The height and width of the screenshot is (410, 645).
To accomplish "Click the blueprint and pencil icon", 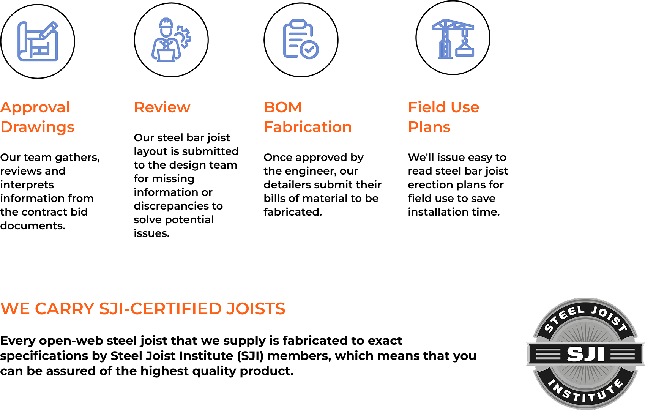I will coord(38,41).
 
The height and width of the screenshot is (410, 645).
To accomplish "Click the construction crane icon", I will coord(453,39).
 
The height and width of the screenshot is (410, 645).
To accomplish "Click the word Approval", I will coord(35,108).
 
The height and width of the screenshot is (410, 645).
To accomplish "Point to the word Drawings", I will coord(38,128).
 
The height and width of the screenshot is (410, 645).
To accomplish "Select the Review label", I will coord(162,107).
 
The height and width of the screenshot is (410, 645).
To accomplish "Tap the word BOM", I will coord(283,107).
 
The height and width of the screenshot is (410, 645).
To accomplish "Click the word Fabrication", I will coord(308,127).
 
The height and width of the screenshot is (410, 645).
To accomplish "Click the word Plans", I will coord(429,127).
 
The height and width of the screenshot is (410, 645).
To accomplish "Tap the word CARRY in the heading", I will coord(65,309).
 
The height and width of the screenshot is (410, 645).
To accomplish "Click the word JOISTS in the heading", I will coord(256,309).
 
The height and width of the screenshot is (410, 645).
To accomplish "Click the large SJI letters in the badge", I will coord(585,354).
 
